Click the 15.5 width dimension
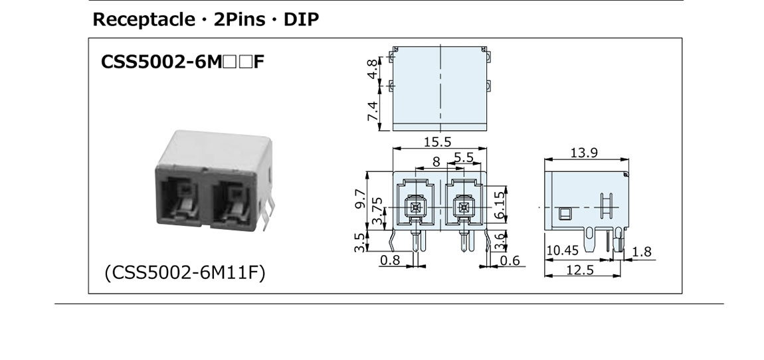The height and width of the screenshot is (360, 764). click(x=437, y=141)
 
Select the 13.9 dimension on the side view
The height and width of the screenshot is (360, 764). click(x=584, y=153)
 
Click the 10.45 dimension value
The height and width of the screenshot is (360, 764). click(x=563, y=251)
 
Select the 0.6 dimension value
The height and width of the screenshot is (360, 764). click(x=510, y=260)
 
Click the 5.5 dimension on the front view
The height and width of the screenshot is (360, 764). click(x=464, y=157)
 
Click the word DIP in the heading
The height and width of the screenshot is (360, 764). click(x=302, y=19)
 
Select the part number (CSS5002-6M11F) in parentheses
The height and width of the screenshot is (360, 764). click(x=185, y=273)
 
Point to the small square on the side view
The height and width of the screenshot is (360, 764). click(x=565, y=213)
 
